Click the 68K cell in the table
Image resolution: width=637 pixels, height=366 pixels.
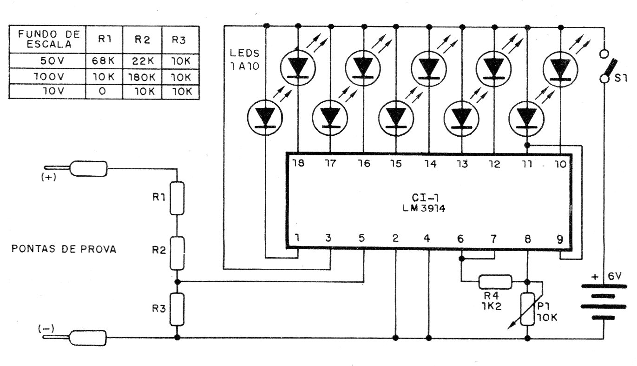pyautogui.click(x=103, y=60)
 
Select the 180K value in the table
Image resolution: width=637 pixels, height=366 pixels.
pyautogui.click(x=142, y=77)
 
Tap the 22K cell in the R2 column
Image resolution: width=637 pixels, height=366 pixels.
pyautogui.click(x=143, y=60)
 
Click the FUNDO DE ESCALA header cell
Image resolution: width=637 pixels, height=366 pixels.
pyautogui.click(x=49, y=39)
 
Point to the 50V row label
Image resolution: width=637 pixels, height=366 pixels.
pyautogui.click(x=52, y=60)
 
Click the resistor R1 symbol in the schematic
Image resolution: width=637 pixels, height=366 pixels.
pyautogui.click(x=177, y=198)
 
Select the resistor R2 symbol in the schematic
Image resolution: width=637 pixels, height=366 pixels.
pyautogui.click(x=177, y=253)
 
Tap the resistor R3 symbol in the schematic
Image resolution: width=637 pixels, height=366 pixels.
pyautogui.click(x=177, y=309)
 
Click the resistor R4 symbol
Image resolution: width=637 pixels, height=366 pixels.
pyautogui.click(x=495, y=282)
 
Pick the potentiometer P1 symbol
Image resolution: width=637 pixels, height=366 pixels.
pyautogui.click(x=527, y=309)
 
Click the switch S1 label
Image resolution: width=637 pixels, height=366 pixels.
pyautogui.click(x=621, y=78)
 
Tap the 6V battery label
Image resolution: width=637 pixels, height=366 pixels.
pyautogui.click(x=615, y=276)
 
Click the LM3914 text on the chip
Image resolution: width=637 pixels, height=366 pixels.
pyautogui.click(x=424, y=208)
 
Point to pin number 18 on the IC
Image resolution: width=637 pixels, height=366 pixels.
pyautogui.click(x=298, y=163)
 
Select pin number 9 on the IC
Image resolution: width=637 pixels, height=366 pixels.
pyautogui.click(x=560, y=240)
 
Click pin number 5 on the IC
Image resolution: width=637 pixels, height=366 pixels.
pyautogui.click(x=361, y=238)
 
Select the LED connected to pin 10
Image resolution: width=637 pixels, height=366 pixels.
pyautogui.click(x=560, y=69)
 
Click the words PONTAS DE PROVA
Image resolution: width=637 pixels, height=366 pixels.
pyautogui.click(x=64, y=249)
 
